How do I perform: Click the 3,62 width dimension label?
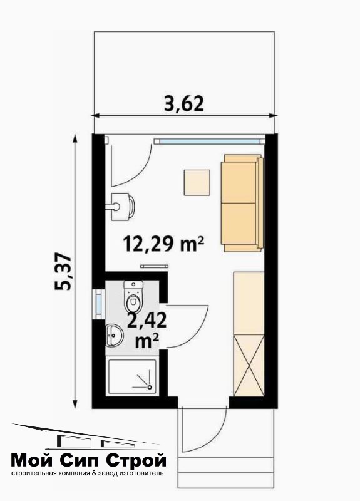[x=183, y=104]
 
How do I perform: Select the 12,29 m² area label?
[x=163, y=244]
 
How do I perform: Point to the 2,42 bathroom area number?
[x=147, y=320]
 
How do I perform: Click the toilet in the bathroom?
[x=133, y=296]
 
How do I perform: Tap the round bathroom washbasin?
[x=114, y=334]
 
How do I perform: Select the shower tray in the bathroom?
[x=133, y=377]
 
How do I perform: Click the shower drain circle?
[x=149, y=387]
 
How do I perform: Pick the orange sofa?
[x=242, y=203]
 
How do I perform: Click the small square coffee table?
[x=197, y=182]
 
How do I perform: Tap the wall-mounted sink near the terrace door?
[x=122, y=207]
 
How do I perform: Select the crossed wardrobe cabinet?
[x=249, y=365]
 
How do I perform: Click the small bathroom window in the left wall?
[x=98, y=304]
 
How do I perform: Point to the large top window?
[x=210, y=141]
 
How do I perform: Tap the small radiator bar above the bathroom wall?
[x=154, y=266]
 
